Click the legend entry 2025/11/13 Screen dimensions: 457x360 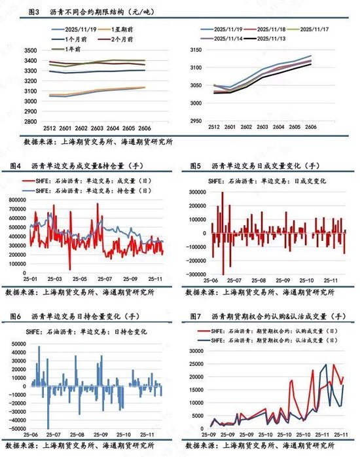pos(276,39)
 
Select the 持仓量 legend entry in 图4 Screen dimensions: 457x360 pos(92,190)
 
